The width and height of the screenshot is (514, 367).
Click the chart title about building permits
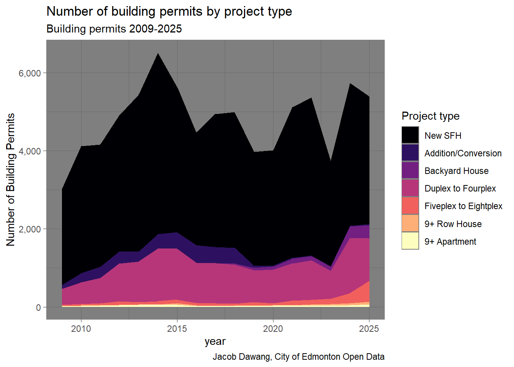(x=169, y=11)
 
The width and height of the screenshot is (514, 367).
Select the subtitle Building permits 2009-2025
(x=114, y=29)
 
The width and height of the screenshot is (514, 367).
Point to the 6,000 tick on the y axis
(x=30, y=73)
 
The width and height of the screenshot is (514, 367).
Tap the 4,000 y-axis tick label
(x=30, y=151)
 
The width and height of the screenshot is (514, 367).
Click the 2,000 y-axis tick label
(x=30, y=229)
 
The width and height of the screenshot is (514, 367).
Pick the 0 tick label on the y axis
(x=38, y=308)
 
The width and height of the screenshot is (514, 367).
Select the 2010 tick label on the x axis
(x=81, y=329)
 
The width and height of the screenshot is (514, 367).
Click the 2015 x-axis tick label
(x=177, y=329)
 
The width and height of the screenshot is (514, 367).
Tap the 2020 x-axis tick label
(x=273, y=329)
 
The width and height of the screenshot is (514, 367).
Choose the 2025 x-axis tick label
(x=369, y=329)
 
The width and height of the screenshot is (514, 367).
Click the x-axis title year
(x=215, y=341)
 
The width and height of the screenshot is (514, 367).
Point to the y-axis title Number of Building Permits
(x=11, y=180)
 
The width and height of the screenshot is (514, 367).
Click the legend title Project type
(x=430, y=116)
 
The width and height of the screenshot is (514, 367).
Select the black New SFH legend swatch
(x=410, y=135)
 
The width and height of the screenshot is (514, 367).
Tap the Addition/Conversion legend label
(x=463, y=153)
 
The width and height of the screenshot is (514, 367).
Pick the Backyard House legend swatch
(x=410, y=171)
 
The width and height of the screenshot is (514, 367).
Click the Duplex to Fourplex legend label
(x=460, y=188)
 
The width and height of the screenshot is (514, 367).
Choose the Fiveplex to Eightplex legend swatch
(x=410, y=206)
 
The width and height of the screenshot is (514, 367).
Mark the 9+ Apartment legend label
(x=450, y=242)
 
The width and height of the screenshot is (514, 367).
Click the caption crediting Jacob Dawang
(x=298, y=357)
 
